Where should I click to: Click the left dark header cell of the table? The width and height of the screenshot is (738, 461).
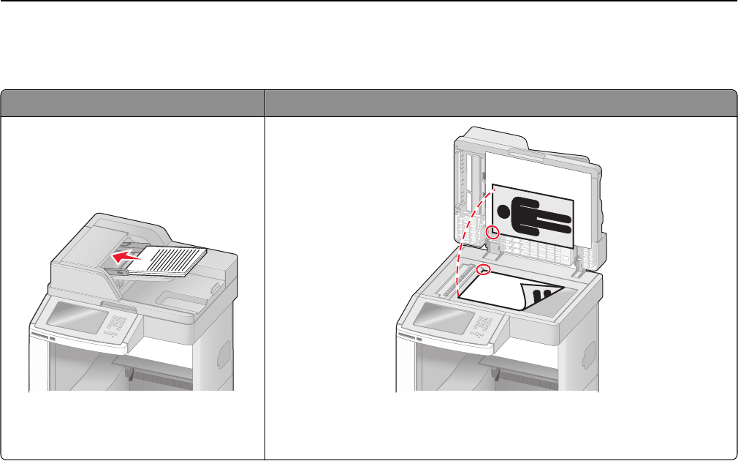[x=132, y=102]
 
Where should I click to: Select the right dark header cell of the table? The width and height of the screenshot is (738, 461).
[x=500, y=102]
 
